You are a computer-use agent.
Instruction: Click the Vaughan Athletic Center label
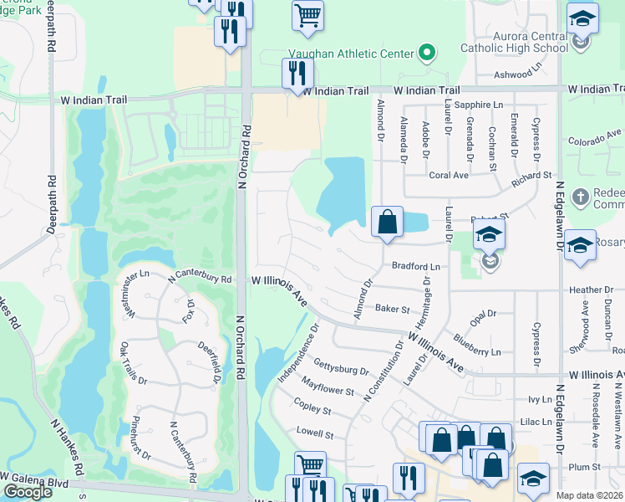352,54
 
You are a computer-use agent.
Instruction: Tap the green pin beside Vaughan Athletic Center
427,54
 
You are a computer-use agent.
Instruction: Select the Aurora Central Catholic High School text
515,42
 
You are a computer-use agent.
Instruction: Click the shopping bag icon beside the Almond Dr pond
387,223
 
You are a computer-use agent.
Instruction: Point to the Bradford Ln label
416,266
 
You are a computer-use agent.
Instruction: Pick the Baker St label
391,309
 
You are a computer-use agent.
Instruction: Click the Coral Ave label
449,176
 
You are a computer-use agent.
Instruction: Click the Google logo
28,492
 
